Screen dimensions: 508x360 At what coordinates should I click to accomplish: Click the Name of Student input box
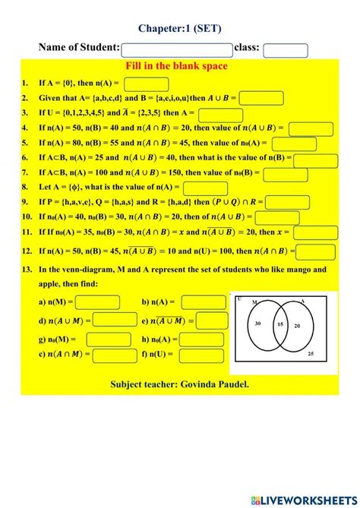(x=176, y=49)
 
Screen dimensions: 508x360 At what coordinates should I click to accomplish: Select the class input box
(x=285, y=50)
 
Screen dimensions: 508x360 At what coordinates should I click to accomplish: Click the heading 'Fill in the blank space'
(x=180, y=67)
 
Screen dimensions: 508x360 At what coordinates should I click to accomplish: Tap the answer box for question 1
(x=146, y=84)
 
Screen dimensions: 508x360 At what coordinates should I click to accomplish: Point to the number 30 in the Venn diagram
(x=258, y=324)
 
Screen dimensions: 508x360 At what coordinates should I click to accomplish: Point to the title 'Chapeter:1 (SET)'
(x=179, y=27)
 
